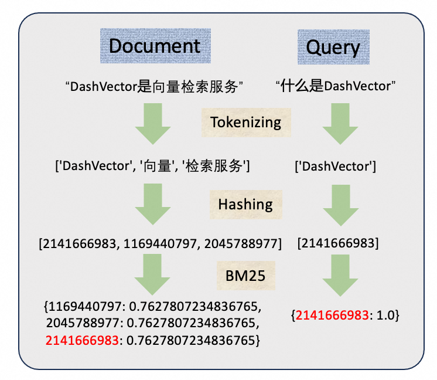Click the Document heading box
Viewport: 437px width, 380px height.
click(154, 46)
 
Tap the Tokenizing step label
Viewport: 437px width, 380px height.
click(245, 122)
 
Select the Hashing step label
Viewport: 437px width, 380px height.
click(245, 204)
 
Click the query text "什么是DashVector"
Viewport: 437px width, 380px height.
click(336, 87)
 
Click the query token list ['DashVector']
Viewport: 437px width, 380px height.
click(335, 167)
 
